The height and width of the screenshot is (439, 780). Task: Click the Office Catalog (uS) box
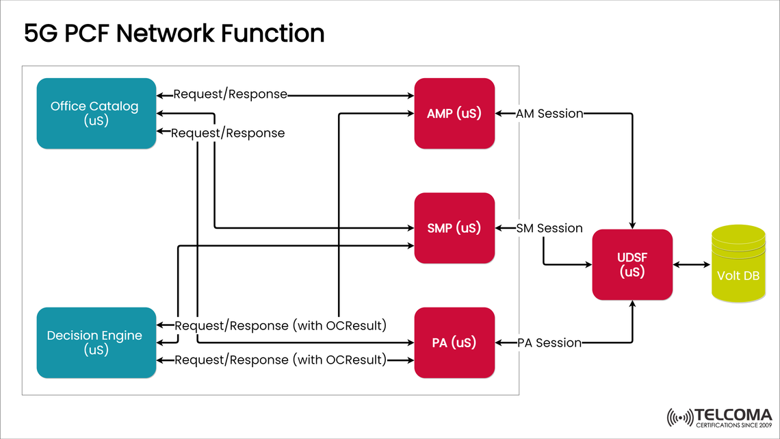[96, 114]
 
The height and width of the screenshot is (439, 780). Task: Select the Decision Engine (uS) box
[96, 342]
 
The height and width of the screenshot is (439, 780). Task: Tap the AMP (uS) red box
[454, 113]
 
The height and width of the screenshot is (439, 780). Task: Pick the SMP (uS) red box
[454, 228]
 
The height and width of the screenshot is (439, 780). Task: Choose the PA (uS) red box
[454, 342]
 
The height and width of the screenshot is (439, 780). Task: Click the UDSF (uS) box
[632, 264]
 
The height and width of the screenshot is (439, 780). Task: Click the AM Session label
[549, 114]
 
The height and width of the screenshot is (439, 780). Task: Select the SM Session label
[549, 228]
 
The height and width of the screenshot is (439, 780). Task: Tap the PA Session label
[549, 342]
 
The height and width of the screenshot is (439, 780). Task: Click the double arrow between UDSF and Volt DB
[692, 264]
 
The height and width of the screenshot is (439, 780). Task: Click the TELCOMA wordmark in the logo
[733, 414]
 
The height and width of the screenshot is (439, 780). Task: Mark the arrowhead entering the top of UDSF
[632, 225]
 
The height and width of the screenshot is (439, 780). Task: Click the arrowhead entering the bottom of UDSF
[632, 304]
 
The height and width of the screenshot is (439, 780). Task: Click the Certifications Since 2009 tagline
[733, 425]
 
